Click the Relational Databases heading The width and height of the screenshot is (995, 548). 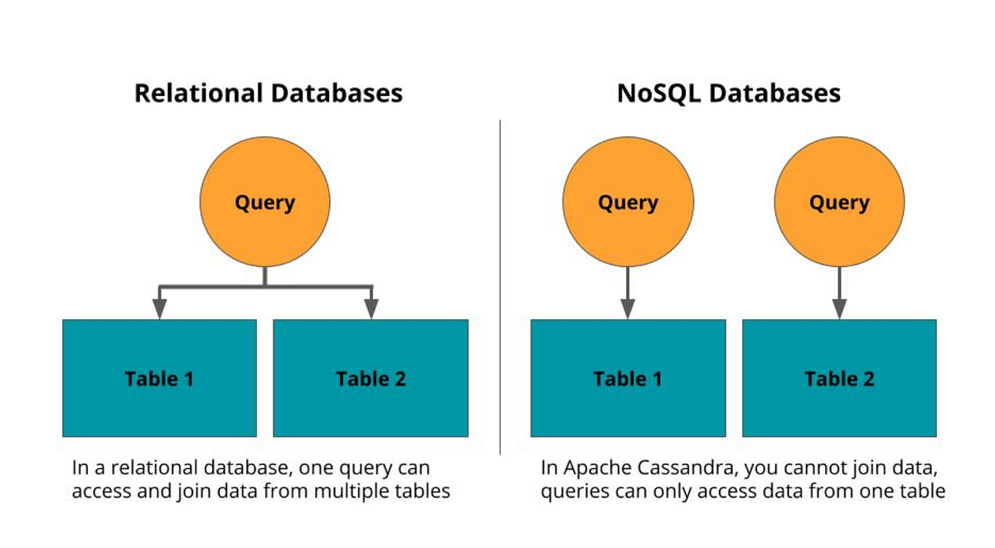(268, 92)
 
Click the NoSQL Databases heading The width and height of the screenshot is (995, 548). (729, 92)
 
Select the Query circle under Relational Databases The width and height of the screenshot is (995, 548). (265, 202)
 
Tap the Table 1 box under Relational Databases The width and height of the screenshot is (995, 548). (159, 378)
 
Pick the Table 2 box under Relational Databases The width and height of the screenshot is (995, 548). (371, 378)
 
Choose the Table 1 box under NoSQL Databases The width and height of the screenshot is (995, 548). (628, 378)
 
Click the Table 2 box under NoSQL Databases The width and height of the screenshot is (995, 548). (839, 378)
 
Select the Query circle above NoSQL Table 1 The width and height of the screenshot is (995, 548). (628, 202)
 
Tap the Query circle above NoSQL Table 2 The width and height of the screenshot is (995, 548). (839, 202)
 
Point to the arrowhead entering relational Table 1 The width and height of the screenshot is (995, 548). (159, 308)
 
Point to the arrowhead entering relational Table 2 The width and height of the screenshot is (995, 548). (371, 308)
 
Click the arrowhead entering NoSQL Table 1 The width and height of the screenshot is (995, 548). (628, 308)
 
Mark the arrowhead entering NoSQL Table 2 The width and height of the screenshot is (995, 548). (839, 308)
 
